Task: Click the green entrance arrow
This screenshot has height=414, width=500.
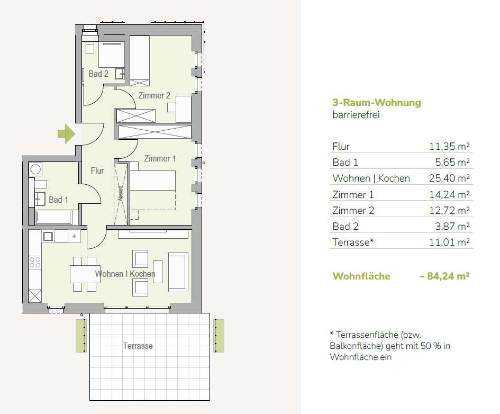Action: point(66,133)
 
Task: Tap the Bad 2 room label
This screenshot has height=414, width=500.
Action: point(98,74)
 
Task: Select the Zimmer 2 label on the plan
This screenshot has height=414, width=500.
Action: point(154,95)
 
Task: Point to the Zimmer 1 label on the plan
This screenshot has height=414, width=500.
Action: point(160,158)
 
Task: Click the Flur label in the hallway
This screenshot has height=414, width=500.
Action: point(97,170)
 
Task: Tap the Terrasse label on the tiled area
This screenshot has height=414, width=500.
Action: point(138,346)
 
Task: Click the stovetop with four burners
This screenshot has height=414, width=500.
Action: point(35,262)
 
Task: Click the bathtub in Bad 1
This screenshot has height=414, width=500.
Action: point(53,218)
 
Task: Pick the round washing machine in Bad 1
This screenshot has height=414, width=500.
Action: point(35,169)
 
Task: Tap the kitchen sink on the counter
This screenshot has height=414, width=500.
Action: point(48,236)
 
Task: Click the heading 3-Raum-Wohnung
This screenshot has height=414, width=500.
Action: point(377,103)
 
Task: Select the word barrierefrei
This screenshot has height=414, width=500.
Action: point(356,115)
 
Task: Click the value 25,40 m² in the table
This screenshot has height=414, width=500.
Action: point(449,178)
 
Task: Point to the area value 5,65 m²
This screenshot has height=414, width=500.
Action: point(452,162)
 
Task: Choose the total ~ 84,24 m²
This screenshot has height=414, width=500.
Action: point(444,276)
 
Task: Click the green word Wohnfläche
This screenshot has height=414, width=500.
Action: point(361,276)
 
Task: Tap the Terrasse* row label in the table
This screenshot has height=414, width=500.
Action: point(353,242)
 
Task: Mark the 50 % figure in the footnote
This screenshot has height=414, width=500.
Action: point(431,346)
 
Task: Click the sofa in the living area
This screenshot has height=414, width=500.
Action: point(178,272)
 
